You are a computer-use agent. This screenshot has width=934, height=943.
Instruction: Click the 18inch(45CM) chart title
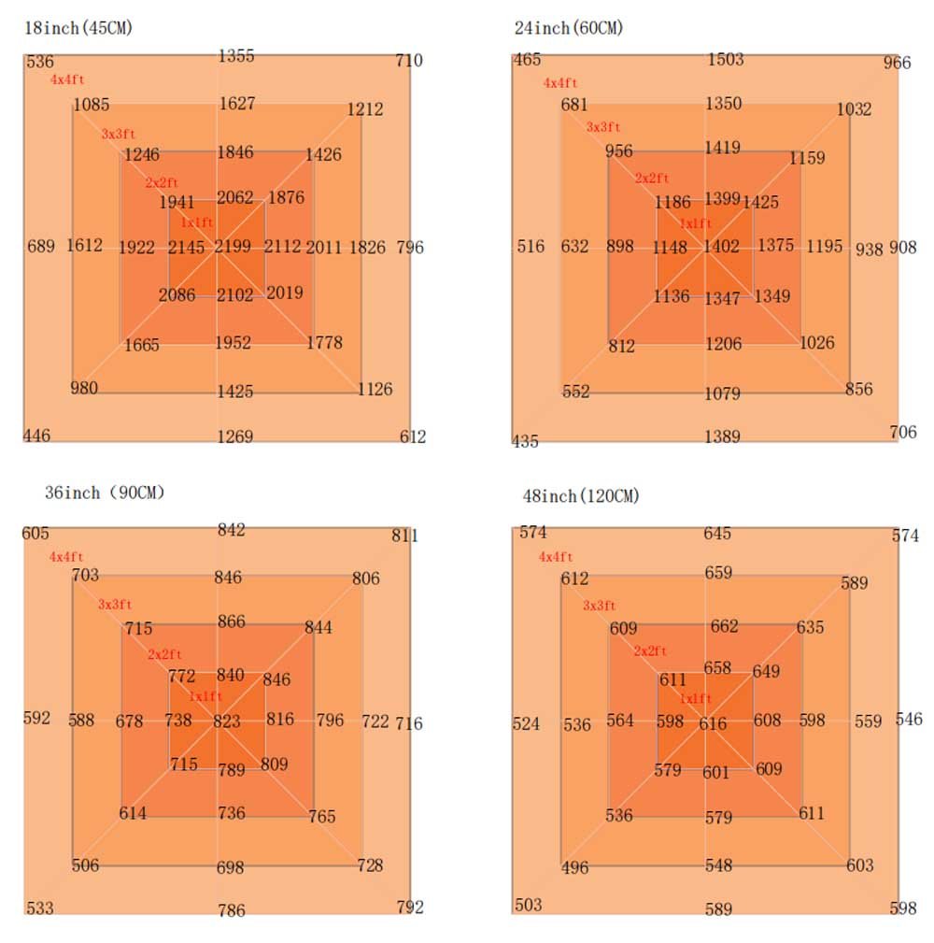[x=79, y=28]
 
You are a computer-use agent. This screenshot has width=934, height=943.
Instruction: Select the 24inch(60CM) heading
[x=569, y=28]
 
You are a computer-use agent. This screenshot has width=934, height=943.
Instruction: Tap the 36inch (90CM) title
[x=105, y=493]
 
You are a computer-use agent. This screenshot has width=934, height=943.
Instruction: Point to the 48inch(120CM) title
[x=577, y=496]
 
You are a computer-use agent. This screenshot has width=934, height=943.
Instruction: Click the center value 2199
[x=233, y=247]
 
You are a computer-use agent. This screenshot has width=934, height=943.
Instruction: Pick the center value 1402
[x=722, y=247]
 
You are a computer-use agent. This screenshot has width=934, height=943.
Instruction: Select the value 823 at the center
[x=227, y=721]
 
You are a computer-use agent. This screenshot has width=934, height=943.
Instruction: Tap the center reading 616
[x=713, y=723]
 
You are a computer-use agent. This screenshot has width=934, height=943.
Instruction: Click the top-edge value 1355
[x=236, y=56]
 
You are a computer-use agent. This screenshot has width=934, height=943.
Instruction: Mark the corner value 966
[x=897, y=64]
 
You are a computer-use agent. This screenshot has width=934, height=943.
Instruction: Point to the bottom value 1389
[x=723, y=436]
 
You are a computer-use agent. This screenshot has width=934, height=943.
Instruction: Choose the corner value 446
[x=37, y=435]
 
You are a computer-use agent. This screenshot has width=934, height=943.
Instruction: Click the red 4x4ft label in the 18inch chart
[x=67, y=80]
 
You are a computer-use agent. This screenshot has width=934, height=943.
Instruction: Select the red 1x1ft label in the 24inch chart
[x=695, y=224]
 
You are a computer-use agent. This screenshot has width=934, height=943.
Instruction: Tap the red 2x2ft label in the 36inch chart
[x=164, y=654]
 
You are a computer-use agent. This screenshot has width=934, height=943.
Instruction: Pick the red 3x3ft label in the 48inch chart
[x=601, y=606]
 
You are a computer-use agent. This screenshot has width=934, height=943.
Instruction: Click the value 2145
[x=186, y=247]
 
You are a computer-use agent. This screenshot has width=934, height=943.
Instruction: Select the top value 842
[x=232, y=530]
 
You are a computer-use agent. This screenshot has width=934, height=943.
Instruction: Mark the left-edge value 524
[x=527, y=723]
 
